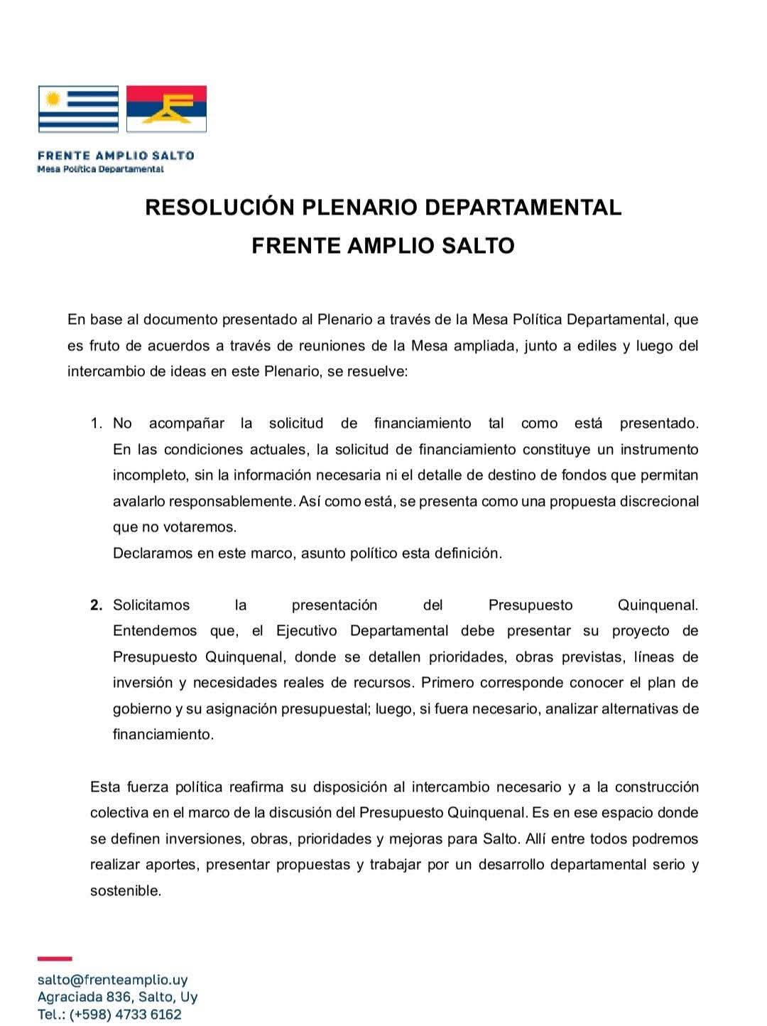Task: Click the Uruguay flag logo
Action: click(x=78, y=109)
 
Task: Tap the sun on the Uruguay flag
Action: click(x=50, y=98)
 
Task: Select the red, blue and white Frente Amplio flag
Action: click(x=166, y=109)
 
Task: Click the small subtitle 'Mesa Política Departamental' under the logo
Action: click(x=100, y=169)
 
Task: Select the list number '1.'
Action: click(x=97, y=423)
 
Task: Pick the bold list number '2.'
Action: click(x=97, y=605)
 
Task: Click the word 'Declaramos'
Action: click(x=151, y=553)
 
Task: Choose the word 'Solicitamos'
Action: click(x=151, y=605)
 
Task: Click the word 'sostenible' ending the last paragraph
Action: click(x=124, y=891)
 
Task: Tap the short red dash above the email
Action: click(x=55, y=959)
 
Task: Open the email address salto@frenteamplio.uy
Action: click(x=112, y=981)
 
